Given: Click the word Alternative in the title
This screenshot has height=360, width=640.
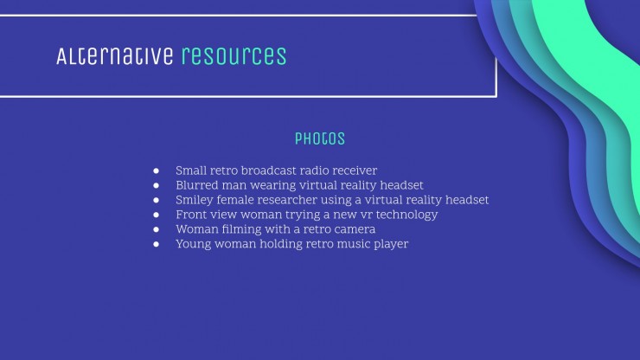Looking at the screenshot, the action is [x=115, y=56].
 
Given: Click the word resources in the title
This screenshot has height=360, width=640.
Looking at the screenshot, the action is [x=234, y=56].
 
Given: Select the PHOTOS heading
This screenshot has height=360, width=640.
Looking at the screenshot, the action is [x=320, y=139].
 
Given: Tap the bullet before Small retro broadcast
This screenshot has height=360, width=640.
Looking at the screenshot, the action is [x=156, y=170].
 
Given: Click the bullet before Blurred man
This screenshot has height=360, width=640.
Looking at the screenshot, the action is [x=156, y=185].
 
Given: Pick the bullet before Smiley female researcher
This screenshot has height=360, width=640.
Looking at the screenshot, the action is [x=156, y=200].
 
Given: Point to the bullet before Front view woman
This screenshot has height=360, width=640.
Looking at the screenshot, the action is [x=156, y=215].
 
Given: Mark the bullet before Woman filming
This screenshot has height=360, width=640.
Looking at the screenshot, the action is [x=156, y=229].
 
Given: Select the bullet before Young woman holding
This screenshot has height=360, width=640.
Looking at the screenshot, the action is [x=156, y=244].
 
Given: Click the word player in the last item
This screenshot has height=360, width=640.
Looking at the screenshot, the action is [x=391, y=244].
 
